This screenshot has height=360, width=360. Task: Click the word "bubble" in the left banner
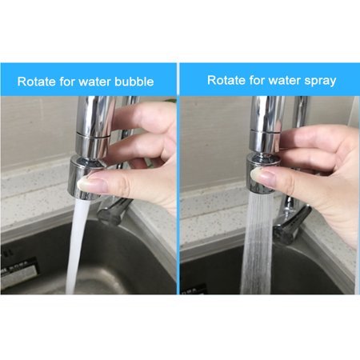134,82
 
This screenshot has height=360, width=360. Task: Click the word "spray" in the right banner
320,81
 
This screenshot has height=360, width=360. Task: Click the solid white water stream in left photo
77,246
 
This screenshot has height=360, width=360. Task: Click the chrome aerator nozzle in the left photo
83,178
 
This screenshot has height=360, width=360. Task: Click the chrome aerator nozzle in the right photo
261,174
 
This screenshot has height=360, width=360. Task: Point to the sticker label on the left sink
18,270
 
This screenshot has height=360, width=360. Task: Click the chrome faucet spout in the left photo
94,126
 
